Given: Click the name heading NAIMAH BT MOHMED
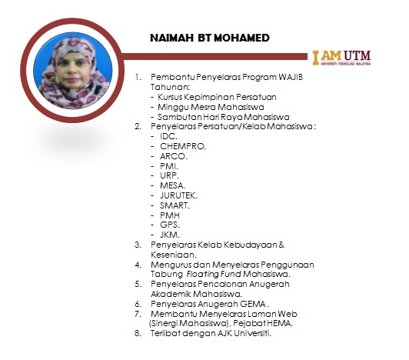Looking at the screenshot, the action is pyautogui.click(x=210, y=38).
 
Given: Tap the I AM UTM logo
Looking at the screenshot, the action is pyautogui.click(x=341, y=58).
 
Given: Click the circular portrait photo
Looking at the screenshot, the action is pyautogui.click(x=73, y=71).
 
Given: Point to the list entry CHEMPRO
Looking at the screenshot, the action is pyautogui.click(x=183, y=146).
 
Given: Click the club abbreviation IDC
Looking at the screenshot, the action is pyautogui.click(x=168, y=136).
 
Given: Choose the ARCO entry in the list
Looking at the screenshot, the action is pyautogui.click(x=174, y=156).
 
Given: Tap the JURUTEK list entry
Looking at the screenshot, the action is pyautogui.click(x=178, y=195).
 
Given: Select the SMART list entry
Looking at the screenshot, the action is pyautogui.click(x=175, y=205).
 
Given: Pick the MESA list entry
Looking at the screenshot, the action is pyautogui.click(x=172, y=185).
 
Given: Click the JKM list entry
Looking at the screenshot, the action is pyautogui.click(x=170, y=235).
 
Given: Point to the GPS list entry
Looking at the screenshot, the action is pyautogui.click(x=170, y=225).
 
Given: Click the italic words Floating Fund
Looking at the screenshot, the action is pyautogui.click(x=214, y=274).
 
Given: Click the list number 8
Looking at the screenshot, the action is pyautogui.click(x=138, y=333).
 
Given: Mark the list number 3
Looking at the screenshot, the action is pyautogui.click(x=138, y=245).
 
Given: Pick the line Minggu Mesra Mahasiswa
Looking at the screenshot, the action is pyautogui.click(x=211, y=107).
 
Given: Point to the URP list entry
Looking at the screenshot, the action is pyautogui.click(x=170, y=175).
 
